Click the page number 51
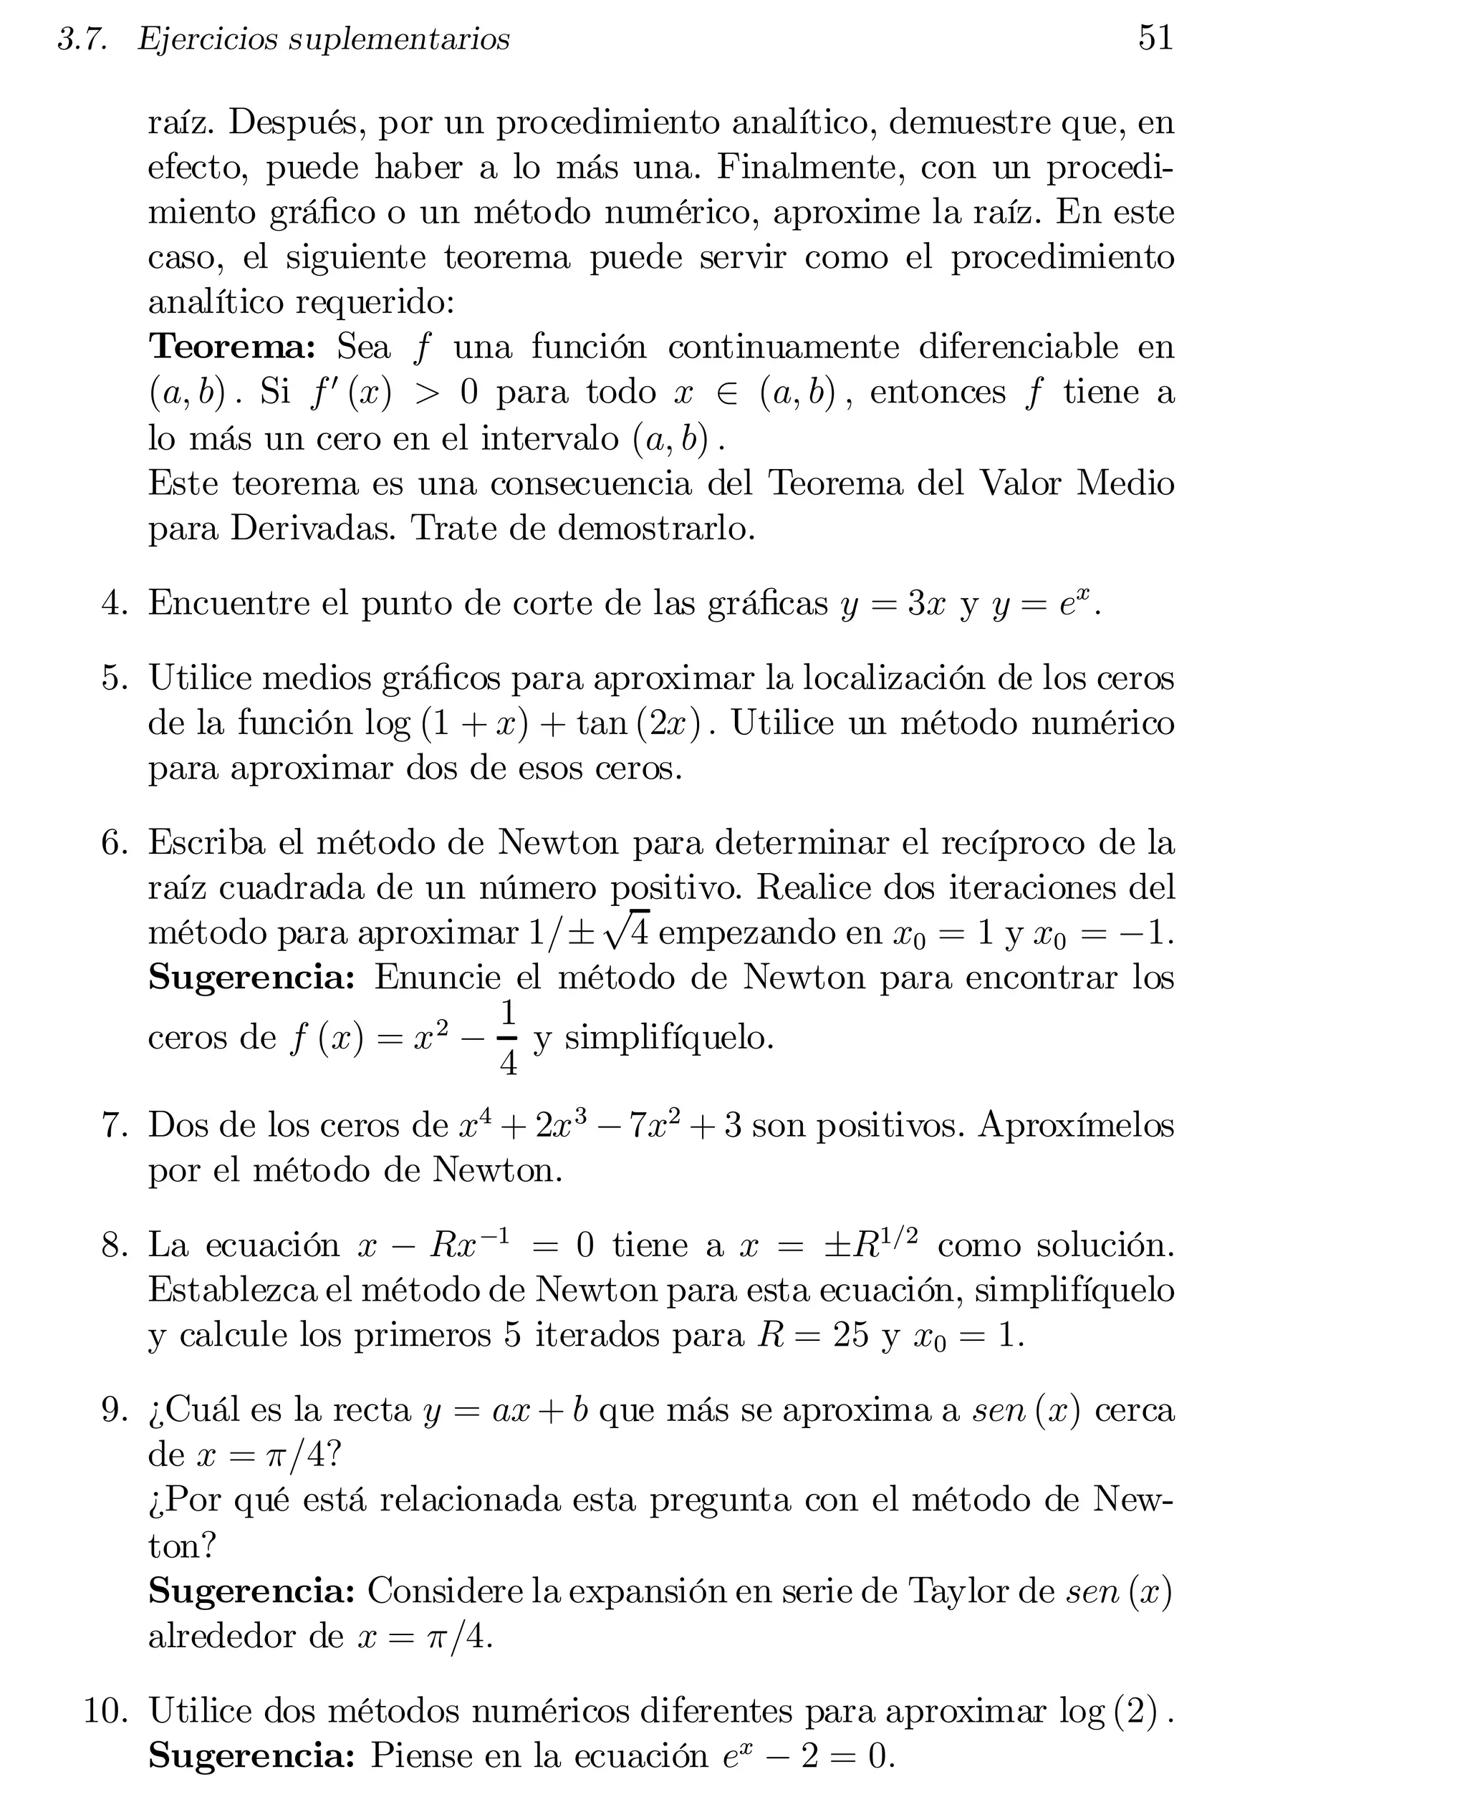1155,38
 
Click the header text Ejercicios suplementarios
324,39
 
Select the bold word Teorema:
232,347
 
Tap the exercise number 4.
113,603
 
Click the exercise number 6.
113,843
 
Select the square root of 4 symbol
626,931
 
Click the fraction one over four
508,1036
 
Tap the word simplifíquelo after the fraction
668,1037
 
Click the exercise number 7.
113,1125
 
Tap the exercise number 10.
105,1711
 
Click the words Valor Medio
1077,483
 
